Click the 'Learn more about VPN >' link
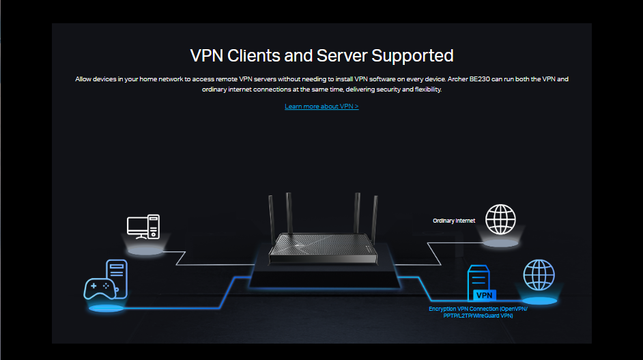click(321, 107)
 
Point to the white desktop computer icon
click(143, 227)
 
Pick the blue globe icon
click(539, 275)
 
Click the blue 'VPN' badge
click(483, 295)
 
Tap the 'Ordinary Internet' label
click(454, 221)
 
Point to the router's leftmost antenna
click(270, 217)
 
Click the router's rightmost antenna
click(374, 217)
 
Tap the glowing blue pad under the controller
click(106, 308)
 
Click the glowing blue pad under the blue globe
click(539, 301)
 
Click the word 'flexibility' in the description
click(427, 89)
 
